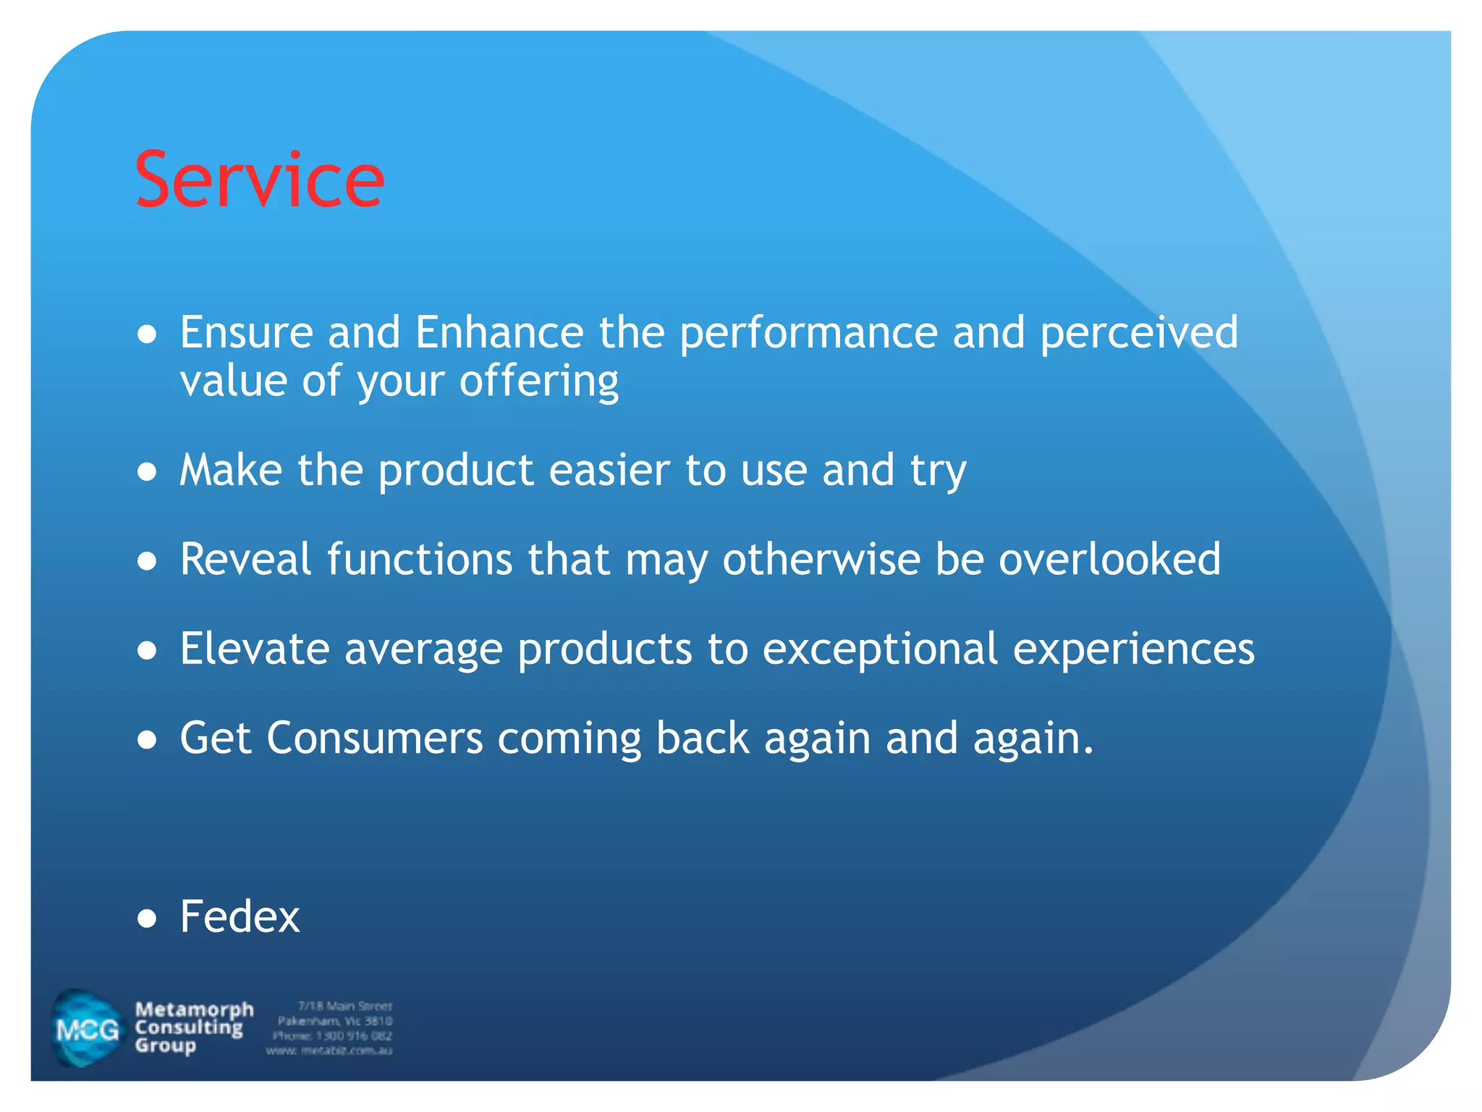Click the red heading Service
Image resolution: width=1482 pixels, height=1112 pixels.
[259, 180]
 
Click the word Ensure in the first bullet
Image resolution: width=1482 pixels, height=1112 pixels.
[246, 332]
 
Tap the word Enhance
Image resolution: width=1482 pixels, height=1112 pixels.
[499, 332]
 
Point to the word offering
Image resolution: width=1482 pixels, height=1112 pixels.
[539, 382]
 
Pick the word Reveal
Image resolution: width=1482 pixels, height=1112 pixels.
[246, 560]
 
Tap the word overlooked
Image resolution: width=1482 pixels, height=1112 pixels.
[1109, 560]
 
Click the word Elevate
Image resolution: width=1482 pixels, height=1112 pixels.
[255, 649]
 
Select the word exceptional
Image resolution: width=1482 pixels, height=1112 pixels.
[880, 650]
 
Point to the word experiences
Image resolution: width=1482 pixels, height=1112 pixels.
[1133, 650]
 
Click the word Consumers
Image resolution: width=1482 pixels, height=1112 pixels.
[374, 738]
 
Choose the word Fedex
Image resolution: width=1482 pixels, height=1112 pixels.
[240, 917]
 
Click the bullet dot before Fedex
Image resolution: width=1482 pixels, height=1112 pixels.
[147, 919]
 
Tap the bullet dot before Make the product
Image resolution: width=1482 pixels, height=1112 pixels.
[147, 473]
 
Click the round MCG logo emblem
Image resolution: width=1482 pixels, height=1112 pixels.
[87, 1029]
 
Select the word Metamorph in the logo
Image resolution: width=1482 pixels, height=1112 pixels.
[194, 1009]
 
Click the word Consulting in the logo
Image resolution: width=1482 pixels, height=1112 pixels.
[189, 1027]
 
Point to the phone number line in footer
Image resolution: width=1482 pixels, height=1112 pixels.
[332, 1036]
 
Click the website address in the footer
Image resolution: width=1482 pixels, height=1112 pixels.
[329, 1050]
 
